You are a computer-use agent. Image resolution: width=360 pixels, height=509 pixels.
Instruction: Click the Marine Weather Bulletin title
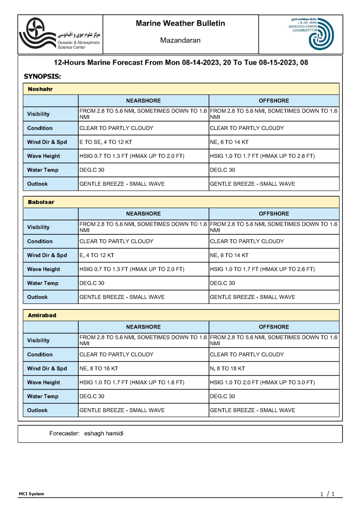click(180, 23)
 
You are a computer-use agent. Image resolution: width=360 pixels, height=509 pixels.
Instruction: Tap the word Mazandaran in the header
click(180, 41)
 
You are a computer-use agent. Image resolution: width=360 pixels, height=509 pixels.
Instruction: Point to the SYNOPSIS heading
click(43, 77)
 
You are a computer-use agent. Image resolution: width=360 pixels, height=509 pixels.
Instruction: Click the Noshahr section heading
click(41, 89)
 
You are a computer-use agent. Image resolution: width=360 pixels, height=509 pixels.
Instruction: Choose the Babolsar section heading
click(41, 203)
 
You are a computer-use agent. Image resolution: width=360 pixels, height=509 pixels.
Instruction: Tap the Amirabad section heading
click(42, 315)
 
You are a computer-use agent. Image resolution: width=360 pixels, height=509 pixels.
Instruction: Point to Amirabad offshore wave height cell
click(262, 382)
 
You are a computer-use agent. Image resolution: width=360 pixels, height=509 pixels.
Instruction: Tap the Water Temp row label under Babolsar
click(43, 284)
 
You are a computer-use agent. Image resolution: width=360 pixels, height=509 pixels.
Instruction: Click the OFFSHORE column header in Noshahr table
click(274, 101)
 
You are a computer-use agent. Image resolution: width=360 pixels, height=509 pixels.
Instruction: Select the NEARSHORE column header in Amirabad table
click(143, 327)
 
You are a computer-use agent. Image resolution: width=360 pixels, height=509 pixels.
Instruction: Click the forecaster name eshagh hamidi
click(104, 433)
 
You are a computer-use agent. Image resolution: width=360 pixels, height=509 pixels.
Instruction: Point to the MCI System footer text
click(32, 494)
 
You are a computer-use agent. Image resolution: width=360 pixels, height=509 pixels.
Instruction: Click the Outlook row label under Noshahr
click(38, 184)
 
